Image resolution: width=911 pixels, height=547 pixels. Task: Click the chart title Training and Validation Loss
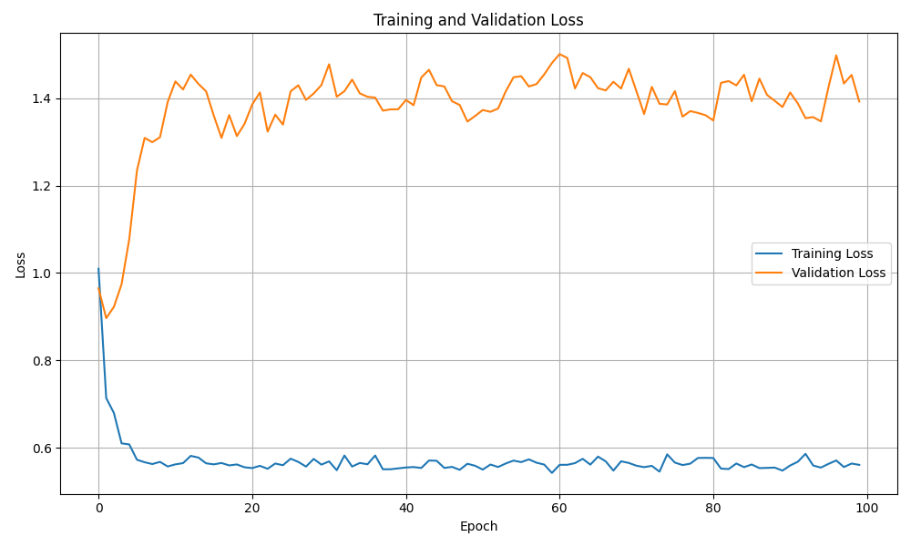tap(478, 20)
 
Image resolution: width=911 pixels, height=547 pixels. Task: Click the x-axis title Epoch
tap(478, 526)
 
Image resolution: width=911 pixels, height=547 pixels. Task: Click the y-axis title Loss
tap(21, 264)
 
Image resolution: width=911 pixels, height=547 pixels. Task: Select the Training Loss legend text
tap(832, 253)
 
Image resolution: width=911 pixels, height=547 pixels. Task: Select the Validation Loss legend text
tap(838, 273)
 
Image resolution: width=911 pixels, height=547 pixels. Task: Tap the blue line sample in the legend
tap(771, 253)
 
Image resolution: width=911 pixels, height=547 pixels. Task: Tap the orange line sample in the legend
tap(771, 273)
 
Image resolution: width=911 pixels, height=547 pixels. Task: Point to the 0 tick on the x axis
tap(98, 507)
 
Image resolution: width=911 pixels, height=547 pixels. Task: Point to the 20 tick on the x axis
tap(252, 507)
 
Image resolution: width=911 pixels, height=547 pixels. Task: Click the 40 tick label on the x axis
tap(406, 507)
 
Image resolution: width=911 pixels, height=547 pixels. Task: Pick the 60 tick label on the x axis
tap(559, 507)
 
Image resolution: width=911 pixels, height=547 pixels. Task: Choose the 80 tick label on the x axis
tap(713, 507)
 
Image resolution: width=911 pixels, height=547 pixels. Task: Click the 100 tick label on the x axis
tap(867, 507)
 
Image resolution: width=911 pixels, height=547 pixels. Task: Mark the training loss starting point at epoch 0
tap(98, 269)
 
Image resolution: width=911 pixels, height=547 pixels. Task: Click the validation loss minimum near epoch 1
tap(107, 318)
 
